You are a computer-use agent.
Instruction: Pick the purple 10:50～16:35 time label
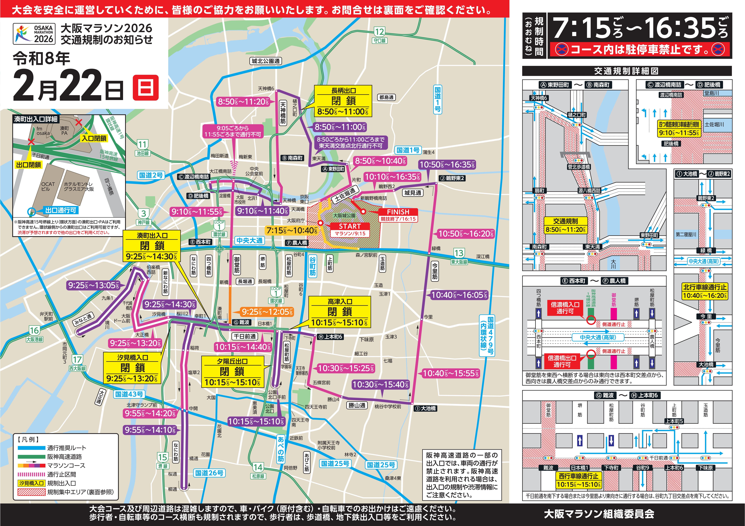pos(447,165)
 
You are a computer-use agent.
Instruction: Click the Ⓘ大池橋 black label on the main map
pos(425,408)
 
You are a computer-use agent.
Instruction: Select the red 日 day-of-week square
pos(146,88)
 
